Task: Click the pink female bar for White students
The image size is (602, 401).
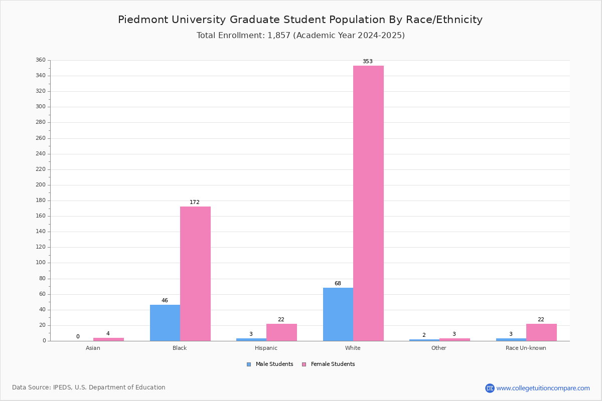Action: click(368, 203)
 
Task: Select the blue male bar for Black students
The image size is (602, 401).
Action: click(165, 323)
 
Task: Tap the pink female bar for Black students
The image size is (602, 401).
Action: click(195, 274)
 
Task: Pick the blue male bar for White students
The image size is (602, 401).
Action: click(338, 314)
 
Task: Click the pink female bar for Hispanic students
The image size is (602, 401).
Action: click(281, 332)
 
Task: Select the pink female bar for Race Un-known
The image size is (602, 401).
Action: click(541, 332)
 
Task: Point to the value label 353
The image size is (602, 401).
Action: click(368, 62)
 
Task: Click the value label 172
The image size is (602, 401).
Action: click(195, 203)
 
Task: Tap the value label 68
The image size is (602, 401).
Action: click(338, 284)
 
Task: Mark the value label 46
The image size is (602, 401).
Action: click(165, 301)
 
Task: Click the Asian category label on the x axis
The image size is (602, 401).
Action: click(93, 348)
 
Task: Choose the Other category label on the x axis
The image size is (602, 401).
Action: click(438, 348)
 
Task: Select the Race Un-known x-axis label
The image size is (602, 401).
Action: click(526, 348)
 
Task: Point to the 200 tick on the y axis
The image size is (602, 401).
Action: click(41, 185)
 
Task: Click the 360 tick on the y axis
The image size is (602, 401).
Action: click(41, 60)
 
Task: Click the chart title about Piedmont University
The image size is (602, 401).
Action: click(300, 20)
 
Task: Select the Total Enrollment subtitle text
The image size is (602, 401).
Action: click(300, 36)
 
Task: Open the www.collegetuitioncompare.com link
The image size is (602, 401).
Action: click(543, 388)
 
